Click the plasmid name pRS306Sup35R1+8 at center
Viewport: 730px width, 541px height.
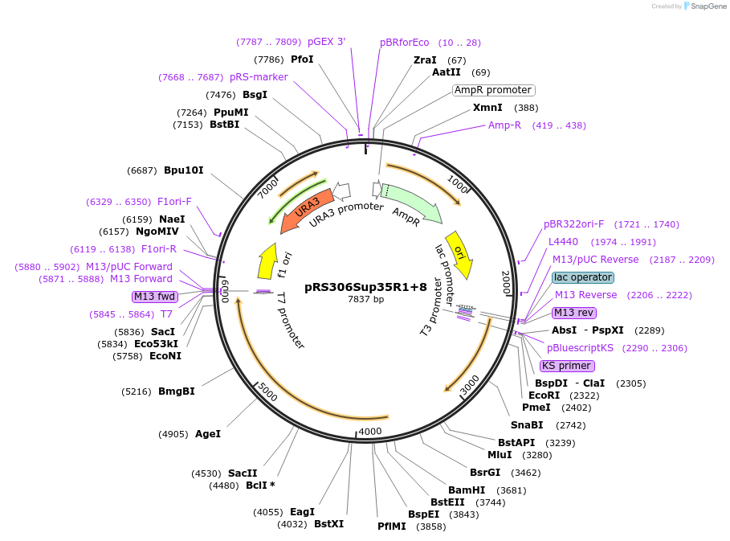point(365,286)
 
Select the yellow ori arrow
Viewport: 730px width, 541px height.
point(460,254)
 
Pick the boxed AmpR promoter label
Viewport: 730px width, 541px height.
point(493,90)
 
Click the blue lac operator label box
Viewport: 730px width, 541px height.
point(583,277)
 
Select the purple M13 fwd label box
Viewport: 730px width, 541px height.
point(154,297)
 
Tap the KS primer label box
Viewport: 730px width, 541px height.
point(567,366)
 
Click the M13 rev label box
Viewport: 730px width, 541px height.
point(574,313)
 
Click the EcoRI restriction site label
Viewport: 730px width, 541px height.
point(544,396)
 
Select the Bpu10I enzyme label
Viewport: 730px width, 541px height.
point(184,170)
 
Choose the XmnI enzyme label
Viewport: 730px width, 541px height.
point(487,108)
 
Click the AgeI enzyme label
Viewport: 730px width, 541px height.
point(208,434)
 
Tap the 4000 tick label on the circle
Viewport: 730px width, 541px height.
point(369,432)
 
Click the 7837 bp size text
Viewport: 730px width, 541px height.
point(365,299)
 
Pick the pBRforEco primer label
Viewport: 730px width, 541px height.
point(405,43)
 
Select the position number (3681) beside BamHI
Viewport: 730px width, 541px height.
point(512,490)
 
